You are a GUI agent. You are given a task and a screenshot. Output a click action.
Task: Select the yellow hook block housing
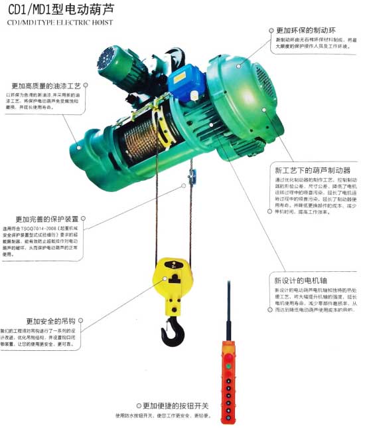pos(173,279)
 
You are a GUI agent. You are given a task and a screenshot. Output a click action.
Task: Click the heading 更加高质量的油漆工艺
pos(46,86)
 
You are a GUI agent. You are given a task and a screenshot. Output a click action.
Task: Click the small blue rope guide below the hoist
pos(192,177)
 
